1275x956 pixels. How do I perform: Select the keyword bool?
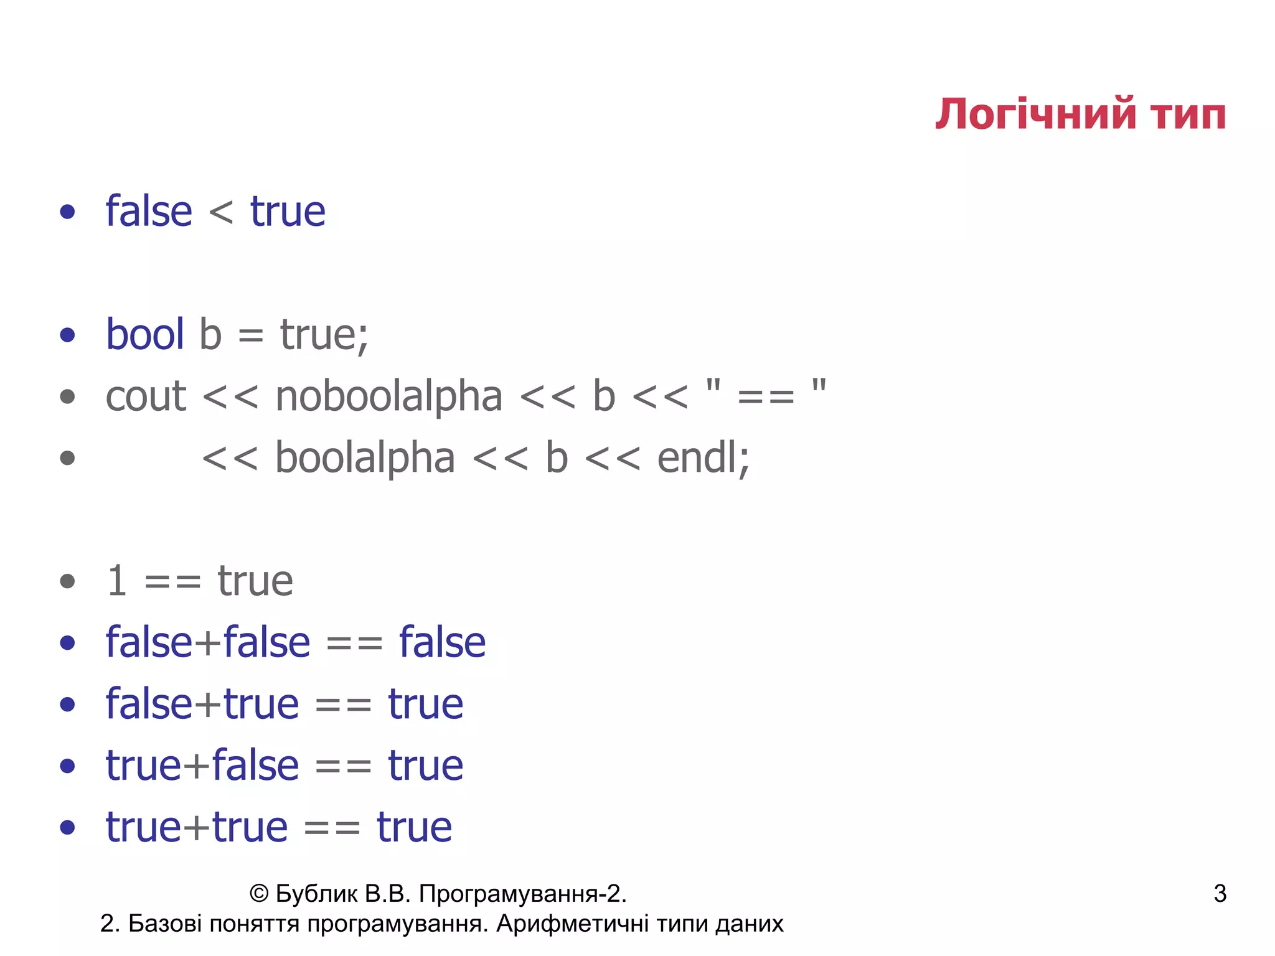click(145, 334)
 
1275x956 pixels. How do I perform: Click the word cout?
click(146, 396)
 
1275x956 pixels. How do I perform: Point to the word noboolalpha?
click(388, 396)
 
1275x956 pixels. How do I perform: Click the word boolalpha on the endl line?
click(365, 458)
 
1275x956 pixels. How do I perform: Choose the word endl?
click(703, 458)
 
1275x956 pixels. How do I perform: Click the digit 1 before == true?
click(117, 581)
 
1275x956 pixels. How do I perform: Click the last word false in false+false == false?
click(442, 642)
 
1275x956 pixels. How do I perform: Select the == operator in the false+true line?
click(343, 705)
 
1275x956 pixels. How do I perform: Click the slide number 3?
click(1220, 894)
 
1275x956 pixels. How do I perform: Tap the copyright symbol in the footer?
click(258, 894)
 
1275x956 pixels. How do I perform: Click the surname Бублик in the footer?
click(316, 894)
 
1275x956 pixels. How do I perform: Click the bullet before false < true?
click(67, 212)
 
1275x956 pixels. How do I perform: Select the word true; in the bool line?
click(324, 335)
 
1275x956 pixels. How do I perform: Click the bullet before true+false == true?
click(67, 766)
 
